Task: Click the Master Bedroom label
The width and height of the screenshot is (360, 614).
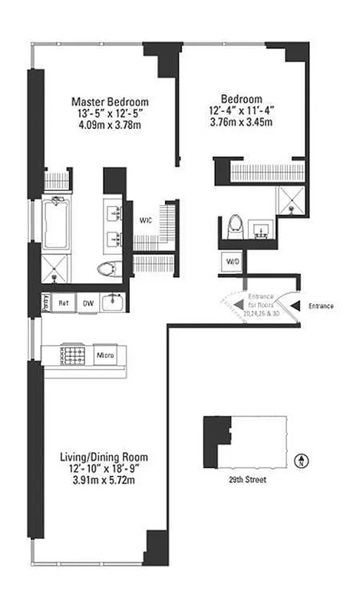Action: pos(110,101)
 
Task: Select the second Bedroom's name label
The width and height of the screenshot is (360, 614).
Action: pos(242,98)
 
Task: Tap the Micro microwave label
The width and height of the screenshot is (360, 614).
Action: pos(105,355)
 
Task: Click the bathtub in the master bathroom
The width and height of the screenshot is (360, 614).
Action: pos(57,223)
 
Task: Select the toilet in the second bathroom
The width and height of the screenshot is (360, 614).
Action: pos(236,225)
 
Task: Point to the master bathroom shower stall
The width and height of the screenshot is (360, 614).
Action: pos(57,269)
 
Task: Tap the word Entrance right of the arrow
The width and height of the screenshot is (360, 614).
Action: pos(321,306)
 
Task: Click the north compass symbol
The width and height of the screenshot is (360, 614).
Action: pos(303,460)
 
